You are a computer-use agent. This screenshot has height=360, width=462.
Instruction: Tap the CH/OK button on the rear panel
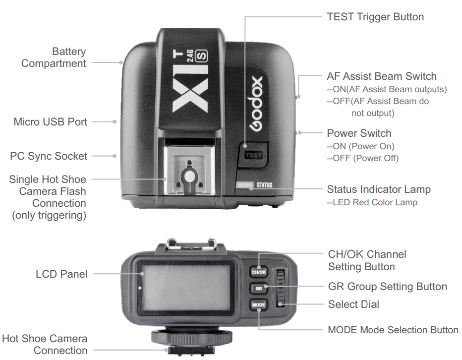click(x=258, y=272)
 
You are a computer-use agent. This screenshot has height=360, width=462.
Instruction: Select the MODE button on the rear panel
click(x=258, y=304)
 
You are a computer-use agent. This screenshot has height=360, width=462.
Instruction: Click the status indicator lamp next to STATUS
click(x=244, y=185)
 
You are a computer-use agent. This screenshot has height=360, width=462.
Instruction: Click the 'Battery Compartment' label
click(x=54, y=58)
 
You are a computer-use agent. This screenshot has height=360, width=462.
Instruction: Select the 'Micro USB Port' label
click(x=51, y=121)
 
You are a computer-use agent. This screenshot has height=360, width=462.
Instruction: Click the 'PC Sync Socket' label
click(x=49, y=156)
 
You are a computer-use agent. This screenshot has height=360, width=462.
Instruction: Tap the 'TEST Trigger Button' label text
click(x=375, y=17)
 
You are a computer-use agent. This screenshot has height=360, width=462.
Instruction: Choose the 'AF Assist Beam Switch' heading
click(x=382, y=76)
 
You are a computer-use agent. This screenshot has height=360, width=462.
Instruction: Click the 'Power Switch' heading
click(x=359, y=133)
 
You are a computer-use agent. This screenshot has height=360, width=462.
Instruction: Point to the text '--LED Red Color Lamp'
click(x=372, y=202)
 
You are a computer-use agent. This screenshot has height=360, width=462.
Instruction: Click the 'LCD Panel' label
click(x=61, y=274)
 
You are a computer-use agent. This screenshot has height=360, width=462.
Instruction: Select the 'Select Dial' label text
click(x=353, y=304)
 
